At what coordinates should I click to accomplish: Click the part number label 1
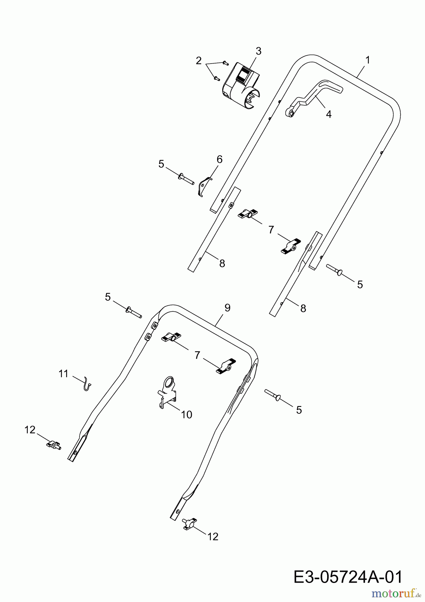(368, 61)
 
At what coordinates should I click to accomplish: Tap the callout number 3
(258, 51)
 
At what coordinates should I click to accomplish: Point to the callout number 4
(329, 114)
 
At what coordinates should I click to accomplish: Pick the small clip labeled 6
(205, 187)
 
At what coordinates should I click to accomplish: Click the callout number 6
(220, 159)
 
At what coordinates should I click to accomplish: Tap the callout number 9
(227, 308)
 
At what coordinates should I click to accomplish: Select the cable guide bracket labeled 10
(167, 392)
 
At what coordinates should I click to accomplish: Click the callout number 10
(186, 415)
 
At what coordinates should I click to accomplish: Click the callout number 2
(199, 61)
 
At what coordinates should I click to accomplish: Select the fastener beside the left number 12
(53, 445)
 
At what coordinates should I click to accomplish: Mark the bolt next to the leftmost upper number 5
(186, 179)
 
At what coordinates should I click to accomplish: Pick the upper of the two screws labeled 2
(225, 62)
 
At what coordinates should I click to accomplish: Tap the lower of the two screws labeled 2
(216, 78)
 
